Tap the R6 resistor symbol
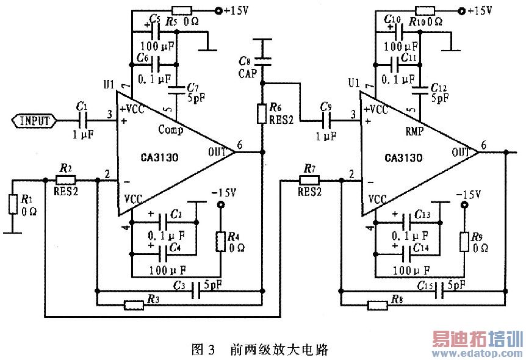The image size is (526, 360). (262, 113)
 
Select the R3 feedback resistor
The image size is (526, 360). (133, 304)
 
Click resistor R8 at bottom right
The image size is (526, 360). (377, 304)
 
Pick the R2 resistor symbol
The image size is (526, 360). (65, 180)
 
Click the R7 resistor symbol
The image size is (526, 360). (309, 180)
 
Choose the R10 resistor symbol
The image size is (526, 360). (425, 10)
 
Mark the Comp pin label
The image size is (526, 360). (170, 129)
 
